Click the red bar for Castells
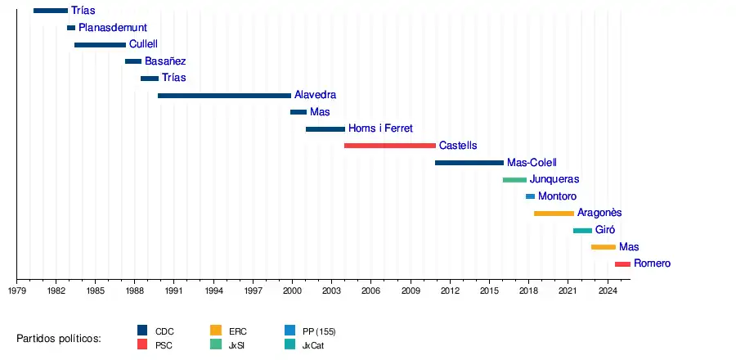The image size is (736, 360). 389,146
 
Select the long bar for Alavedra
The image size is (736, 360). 224,96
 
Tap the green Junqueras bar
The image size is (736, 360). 514,179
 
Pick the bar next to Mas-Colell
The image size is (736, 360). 469,163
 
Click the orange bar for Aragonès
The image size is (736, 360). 554,214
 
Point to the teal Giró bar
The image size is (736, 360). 582,231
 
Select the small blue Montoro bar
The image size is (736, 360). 530,196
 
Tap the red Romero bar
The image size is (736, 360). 622,264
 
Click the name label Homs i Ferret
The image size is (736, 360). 380,128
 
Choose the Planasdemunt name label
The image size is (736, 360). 113,28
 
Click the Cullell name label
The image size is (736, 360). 143,44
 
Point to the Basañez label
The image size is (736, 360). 165,61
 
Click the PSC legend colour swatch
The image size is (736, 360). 142,345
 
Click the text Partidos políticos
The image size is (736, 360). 59,339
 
